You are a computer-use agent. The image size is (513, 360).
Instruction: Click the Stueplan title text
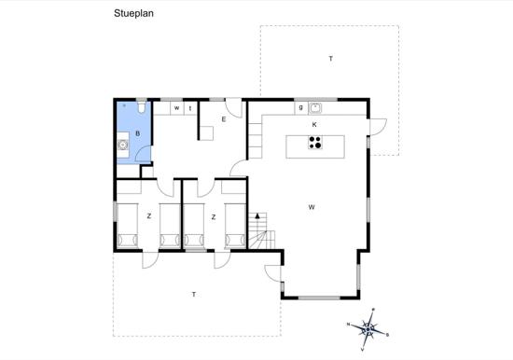click(133, 13)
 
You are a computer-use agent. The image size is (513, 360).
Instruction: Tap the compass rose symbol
click(368, 329)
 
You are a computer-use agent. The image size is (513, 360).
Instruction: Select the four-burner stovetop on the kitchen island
click(315, 143)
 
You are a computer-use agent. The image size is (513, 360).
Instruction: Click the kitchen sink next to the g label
click(315, 107)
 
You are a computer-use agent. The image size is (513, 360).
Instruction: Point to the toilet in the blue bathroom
click(142, 107)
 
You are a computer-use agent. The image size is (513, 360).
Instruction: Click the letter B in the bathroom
click(138, 133)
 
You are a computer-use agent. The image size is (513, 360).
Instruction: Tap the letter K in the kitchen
click(314, 125)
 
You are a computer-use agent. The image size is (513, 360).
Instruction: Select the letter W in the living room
click(312, 207)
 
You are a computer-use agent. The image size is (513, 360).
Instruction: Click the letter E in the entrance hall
click(224, 119)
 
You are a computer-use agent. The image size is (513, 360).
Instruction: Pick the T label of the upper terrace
click(331, 59)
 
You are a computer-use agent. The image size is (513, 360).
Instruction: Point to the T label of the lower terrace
click(194, 295)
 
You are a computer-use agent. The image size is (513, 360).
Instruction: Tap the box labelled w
click(177, 108)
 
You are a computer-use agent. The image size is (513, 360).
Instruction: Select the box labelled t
click(190, 108)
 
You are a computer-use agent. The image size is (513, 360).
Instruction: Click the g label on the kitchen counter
click(301, 107)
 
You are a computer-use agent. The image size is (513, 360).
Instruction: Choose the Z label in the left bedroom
click(149, 216)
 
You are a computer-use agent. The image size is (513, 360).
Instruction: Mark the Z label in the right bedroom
click(214, 217)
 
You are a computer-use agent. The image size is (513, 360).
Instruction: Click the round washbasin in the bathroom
click(123, 145)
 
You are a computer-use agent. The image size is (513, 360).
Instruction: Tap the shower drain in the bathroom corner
click(124, 105)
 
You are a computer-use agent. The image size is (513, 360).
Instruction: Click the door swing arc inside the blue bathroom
click(140, 151)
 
